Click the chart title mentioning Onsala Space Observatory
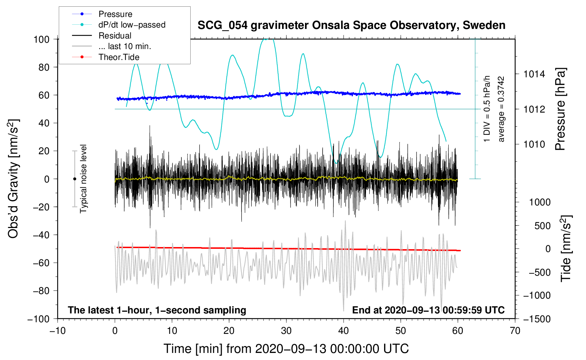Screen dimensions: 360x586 351,25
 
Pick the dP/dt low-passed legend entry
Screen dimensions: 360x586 132,25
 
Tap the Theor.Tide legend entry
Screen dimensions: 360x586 119,57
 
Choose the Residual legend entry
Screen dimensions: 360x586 115,36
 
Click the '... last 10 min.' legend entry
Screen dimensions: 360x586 125,46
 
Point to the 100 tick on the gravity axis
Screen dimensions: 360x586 41,39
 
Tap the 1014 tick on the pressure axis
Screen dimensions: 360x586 534,74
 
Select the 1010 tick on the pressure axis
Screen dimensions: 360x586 534,144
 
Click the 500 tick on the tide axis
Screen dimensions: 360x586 542,226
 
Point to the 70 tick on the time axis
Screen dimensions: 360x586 515,331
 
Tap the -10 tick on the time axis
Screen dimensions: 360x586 58,331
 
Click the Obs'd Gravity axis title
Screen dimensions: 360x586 13,179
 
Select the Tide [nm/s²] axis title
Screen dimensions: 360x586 566,248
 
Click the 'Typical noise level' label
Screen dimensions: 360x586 83,179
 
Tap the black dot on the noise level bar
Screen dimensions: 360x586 74,179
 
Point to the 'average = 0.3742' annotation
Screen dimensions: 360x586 501,109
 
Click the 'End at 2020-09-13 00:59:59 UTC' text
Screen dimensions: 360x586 428,310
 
